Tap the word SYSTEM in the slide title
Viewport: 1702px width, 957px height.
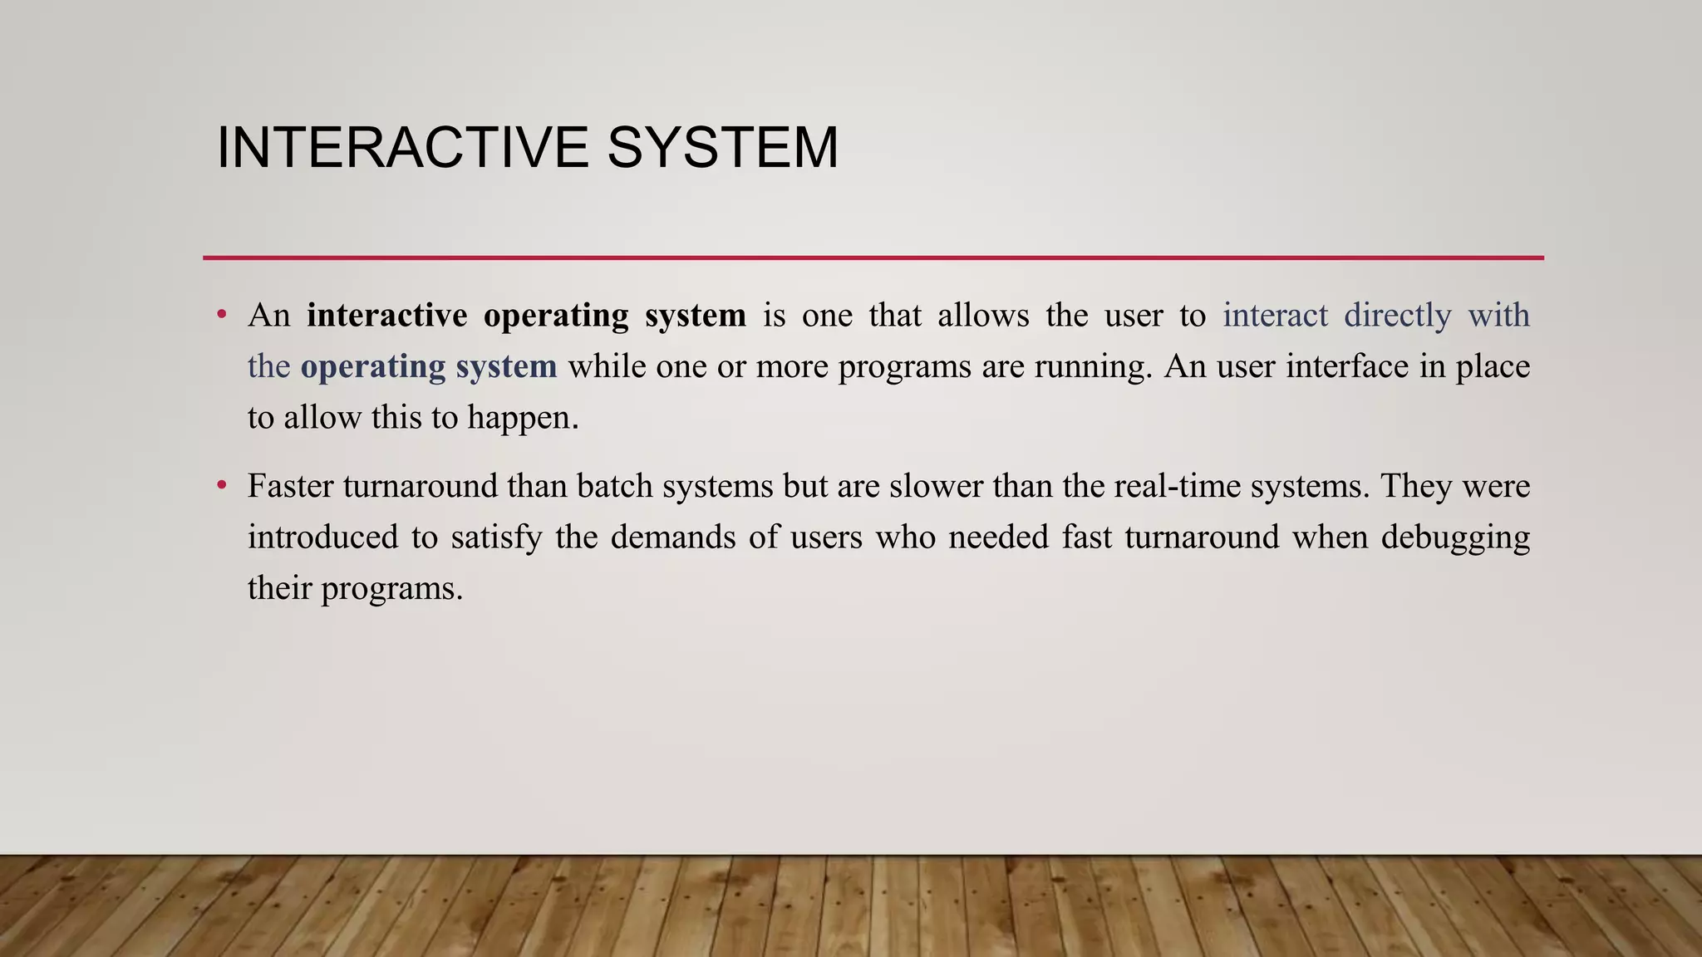click(722, 148)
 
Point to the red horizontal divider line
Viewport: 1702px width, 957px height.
click(873, 258)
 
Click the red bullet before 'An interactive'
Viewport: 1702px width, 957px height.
click(221, 315)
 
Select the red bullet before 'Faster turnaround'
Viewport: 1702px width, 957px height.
click(221, 485)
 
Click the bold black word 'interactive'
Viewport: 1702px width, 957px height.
click(386, 316)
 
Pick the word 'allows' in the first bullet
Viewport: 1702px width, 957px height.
click(983, 316)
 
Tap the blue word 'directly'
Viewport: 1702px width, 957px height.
click(1398, 316)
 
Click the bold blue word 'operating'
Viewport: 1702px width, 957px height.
click(373, 366)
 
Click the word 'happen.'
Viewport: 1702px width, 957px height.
click(523, 418)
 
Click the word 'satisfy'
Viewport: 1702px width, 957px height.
click(497, 537)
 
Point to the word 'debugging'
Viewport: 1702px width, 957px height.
click(1455, 538)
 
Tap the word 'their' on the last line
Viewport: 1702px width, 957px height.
click(279, 588)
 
